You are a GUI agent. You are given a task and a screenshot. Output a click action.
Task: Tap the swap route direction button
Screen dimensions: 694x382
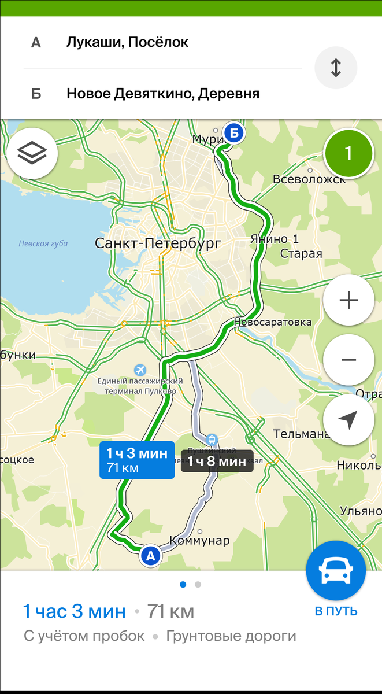coord(336,67)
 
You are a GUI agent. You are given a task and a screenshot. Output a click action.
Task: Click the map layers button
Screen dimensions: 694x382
coord(32,153)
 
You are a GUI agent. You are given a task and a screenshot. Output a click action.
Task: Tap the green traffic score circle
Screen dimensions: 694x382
coord(348,153)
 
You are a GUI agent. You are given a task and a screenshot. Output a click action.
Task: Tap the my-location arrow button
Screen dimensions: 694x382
coord(348,420)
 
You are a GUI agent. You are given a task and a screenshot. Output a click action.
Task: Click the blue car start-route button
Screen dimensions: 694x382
coord(336,571)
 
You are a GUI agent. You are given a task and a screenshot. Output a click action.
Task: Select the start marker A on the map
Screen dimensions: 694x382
coord(150,556)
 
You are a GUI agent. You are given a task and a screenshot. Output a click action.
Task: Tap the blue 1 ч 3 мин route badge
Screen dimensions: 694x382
coord(137,460)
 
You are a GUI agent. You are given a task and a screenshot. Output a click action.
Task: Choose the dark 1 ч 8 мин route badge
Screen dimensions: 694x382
coord(217,461)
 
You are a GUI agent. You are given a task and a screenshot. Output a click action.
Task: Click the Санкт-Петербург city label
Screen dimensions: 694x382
coord(157,243)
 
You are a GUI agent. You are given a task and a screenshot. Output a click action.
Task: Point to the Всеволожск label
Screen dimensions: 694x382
coord(309,179)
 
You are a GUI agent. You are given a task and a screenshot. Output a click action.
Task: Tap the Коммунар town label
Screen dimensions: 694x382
coord(199,541)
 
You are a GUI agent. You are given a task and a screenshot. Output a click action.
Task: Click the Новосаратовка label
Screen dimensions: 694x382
coord(273,322)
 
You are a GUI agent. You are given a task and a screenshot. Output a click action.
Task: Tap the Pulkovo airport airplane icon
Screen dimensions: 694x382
coord(140,369)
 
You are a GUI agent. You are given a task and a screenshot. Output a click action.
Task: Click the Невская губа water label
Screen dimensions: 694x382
coord(43,243)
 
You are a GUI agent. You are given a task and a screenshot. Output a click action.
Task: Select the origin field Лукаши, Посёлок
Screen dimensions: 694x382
coord(127,42)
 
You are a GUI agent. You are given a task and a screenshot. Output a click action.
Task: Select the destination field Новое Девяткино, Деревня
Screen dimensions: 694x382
coord(162,93)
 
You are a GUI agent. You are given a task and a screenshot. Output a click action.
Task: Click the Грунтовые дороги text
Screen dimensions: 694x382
coord(231,636)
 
